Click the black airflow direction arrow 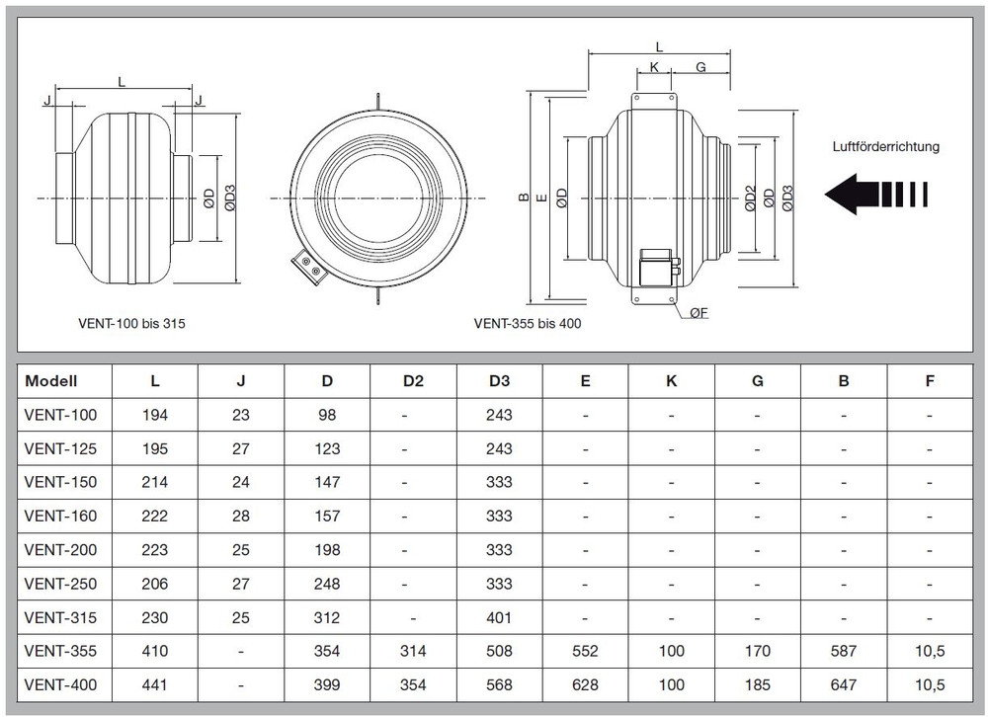coord(876,194)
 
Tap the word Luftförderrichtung coord(885,147)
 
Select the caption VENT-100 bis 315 coord(131,323)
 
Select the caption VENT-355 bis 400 coord(528,323)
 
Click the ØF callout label coord(699,312)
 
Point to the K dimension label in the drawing coord(654,67)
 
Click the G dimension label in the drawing coord(700,67)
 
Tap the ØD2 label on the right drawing coord(750,199)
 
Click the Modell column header coord(51,381)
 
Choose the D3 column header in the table coord(499,381)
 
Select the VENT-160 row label coord(60,516)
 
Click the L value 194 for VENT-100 coord(155,415)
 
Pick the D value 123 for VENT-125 coord(327,449)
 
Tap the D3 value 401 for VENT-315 coord(499,617)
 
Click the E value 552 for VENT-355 coord(585,651)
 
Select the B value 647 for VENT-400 coord(844,684)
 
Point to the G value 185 coord(758,684)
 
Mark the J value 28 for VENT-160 coord(241,516)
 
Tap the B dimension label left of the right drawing coord(524,198)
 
